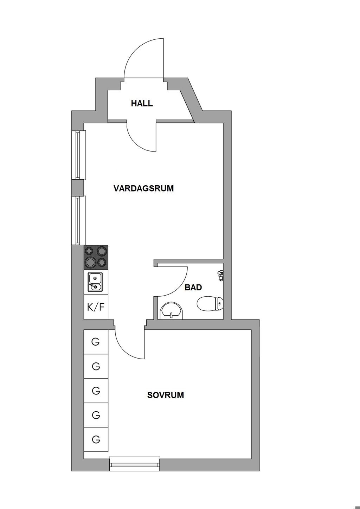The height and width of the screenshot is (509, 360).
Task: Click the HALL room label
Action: click(x=142, y=104)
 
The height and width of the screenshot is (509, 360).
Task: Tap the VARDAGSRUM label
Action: click(x=144, y=188)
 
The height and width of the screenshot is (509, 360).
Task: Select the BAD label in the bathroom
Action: click(x=193, y=288)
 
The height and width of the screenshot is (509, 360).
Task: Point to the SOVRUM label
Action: click(x=166, y=395)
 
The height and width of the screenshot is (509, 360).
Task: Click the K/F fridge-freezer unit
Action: click(x=96, y=307)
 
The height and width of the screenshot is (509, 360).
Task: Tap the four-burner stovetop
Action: click(x=96, y=257)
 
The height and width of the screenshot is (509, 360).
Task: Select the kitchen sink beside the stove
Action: click(x=96, y=282)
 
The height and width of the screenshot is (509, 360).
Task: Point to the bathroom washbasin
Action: click(x=172, y=311)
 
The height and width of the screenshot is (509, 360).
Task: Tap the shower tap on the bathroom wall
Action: click(x=220, y=276)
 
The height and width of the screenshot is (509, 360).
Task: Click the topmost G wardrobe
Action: click(x=96, y=342)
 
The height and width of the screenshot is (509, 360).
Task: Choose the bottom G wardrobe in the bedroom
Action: click(x=96, y=439)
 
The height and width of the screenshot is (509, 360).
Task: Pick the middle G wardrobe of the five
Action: click(x=96, y=391)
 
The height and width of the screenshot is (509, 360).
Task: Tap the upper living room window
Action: click(x=79, y=155)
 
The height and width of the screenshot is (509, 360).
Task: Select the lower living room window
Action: click(x=79, y=220)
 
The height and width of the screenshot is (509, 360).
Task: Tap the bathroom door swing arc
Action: click(x=179, y=287)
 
